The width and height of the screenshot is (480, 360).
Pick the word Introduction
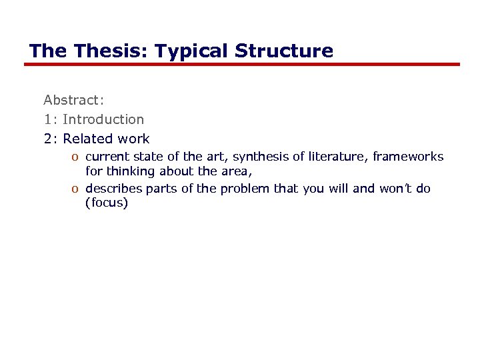tap(103, 119)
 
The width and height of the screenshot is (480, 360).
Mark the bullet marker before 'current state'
tap(77, 157)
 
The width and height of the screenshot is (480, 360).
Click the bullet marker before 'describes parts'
tap(77, 189)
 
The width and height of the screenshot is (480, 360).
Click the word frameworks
tap(408, 157)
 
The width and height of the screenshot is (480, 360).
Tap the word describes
tap(114, 189)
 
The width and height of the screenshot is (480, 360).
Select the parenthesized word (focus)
tap(106, 203)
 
